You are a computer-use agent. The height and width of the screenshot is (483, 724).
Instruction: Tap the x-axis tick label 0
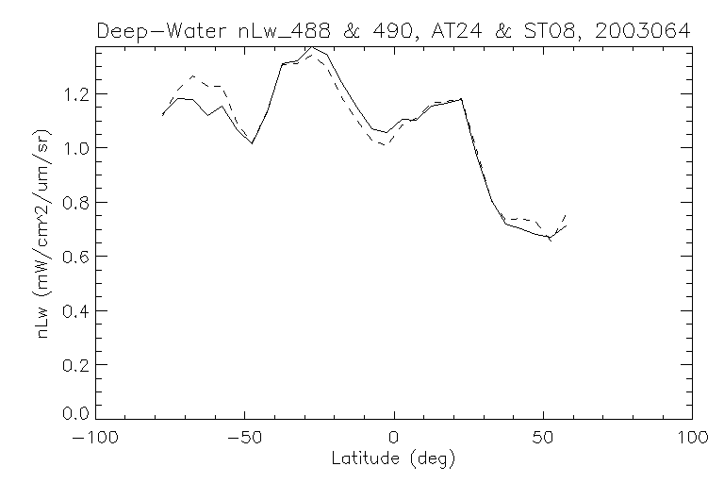[x=394, y=438]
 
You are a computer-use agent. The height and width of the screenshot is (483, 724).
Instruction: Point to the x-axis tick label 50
[x=544, y=438]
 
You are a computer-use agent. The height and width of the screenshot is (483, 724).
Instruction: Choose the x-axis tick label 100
[x=691, y=438]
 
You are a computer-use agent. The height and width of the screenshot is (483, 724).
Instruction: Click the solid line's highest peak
[x=312, y=46]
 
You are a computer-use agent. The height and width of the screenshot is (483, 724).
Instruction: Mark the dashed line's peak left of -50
[x=192, y=75]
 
